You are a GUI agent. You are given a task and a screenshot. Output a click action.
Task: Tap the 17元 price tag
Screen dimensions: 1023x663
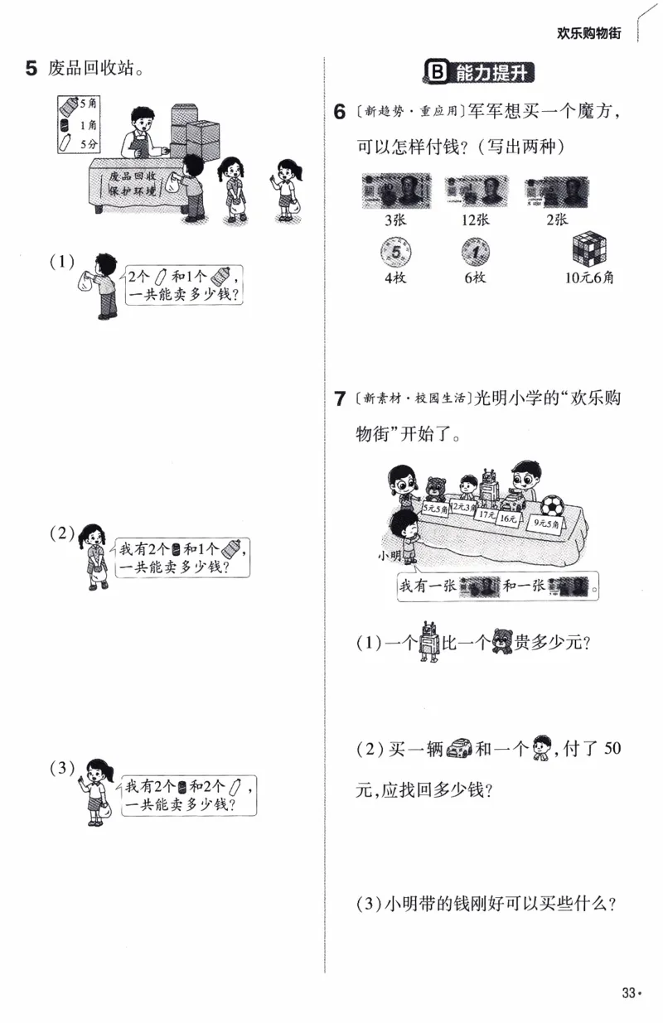[x=486, y=515]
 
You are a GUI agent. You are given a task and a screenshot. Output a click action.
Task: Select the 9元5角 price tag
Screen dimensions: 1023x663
[x=547, y=524]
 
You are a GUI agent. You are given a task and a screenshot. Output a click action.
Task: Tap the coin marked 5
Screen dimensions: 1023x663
[x=393, y=250]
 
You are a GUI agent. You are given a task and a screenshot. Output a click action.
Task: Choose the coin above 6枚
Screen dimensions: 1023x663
[x=475, y=251]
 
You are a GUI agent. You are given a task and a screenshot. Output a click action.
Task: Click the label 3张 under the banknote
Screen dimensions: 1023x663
[x=393, y=220]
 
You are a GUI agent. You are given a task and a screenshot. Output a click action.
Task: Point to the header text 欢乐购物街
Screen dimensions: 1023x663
[x=588, y=33]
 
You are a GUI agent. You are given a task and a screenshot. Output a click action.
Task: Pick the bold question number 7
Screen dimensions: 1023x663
[x=339, y=399]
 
